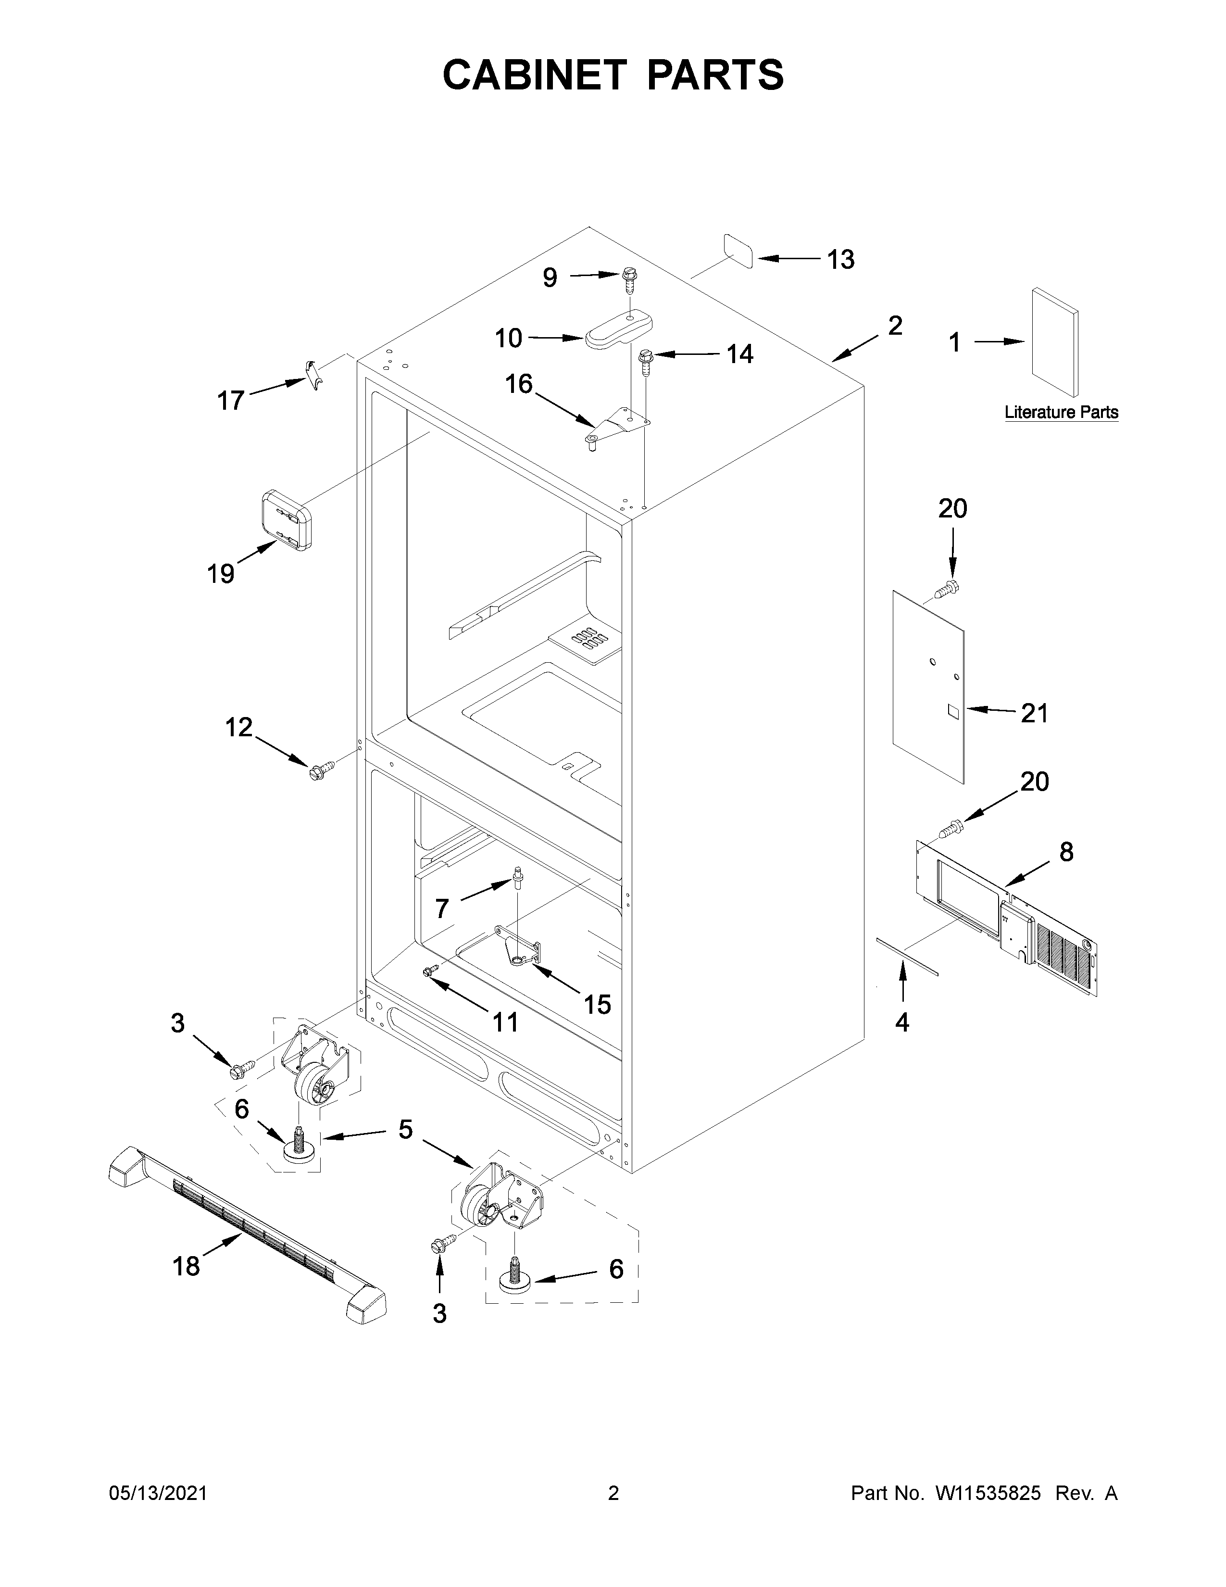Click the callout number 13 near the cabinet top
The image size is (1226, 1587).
[841, 259]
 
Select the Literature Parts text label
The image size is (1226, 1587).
[1061, 413]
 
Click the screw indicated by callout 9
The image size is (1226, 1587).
[628, 280]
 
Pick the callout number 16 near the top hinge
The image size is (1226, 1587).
[519, 384]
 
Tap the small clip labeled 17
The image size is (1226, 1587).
[314, 374]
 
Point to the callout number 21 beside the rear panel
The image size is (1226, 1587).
[1034, 714]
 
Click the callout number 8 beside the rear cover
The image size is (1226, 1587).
[1065, 852]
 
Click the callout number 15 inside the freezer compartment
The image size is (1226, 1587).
[597, 1005]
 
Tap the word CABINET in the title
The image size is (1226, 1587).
[534, 75]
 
